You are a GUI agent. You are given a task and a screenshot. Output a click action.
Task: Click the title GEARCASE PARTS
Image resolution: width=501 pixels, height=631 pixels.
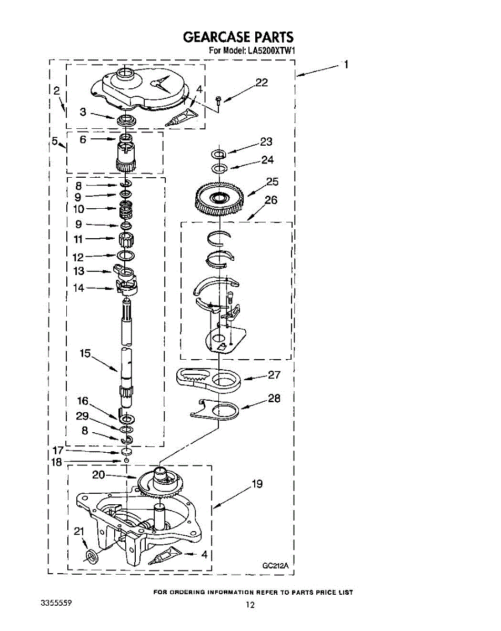point(237,37)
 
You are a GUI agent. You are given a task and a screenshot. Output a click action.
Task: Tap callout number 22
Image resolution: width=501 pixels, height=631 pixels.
point(261,83)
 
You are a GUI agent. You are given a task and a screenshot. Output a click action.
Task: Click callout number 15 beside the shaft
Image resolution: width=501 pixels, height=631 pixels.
point(85,353)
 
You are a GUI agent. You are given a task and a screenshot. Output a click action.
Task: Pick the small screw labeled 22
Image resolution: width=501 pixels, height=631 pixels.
point(218,100)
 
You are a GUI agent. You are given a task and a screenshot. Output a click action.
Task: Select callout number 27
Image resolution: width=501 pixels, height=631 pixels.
point(274,375)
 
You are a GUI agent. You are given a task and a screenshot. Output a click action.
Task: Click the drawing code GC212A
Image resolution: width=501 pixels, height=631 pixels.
point(275,566)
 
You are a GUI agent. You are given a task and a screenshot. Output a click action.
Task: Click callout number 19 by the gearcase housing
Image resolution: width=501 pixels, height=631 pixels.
point(257,484)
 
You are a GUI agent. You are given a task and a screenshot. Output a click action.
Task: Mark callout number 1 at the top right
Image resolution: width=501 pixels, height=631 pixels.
point(346,65)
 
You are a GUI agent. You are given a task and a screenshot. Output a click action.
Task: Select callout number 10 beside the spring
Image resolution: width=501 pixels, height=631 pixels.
point(78,209)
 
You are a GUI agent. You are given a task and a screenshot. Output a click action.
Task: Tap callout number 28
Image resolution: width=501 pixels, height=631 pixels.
point(274,398)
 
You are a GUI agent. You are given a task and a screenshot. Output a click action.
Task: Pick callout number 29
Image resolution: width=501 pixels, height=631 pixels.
point(82,416)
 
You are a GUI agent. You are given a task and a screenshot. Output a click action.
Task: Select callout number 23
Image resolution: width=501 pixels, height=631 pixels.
point(266,142)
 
